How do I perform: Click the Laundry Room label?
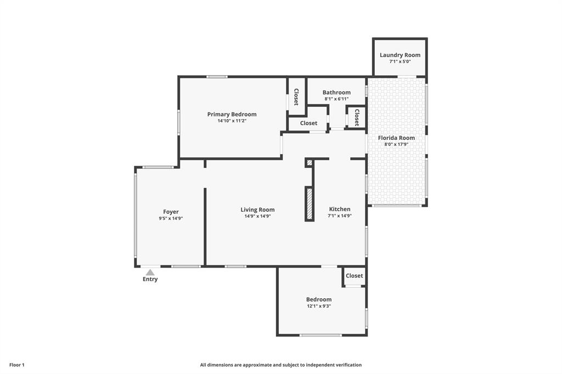(x=400, y=55)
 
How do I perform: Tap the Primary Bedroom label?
(x=232, y=114)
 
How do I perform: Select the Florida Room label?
(x=396, y=138)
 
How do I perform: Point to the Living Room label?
(x=258, y=210)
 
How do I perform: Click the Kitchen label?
(x=340, y=209)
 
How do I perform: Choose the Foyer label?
(x=171, y=212)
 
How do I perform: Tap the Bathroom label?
(x=336, y=93)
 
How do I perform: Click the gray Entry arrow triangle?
(x=150, y=272)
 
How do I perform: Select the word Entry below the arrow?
(x=150, y=279)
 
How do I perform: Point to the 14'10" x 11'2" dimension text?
(x=232, y=121)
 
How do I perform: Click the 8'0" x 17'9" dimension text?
(x=396, y=144)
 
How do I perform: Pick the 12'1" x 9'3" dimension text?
(x=319, y=306)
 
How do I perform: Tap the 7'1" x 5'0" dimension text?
(x=400, y=61)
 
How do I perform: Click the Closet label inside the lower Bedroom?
(x=355, y=275)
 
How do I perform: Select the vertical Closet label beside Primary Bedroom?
(x=296, y=97)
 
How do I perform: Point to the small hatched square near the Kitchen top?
(x=310, y=163)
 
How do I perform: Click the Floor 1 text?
(x=17, y=365)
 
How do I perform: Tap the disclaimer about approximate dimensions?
(x=281, y=365)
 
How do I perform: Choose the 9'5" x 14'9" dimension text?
(x=171, y=218)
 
